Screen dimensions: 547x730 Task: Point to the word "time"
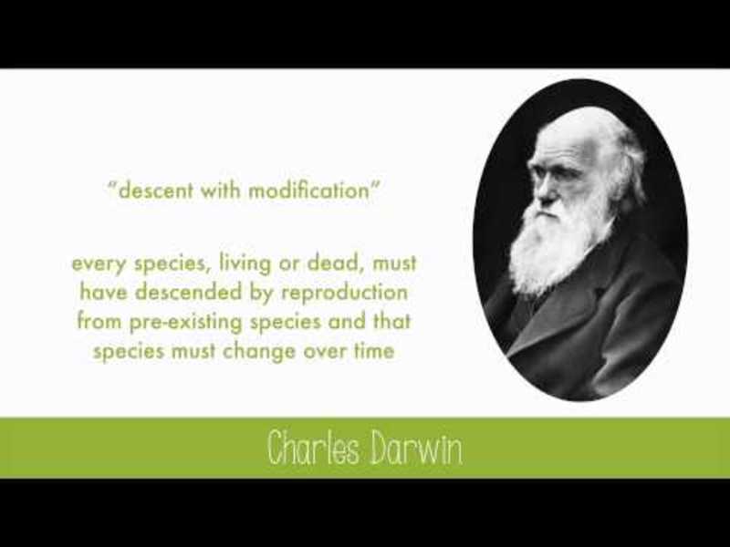click(371, 352)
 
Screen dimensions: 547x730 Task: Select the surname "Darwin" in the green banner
click(415, 448)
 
